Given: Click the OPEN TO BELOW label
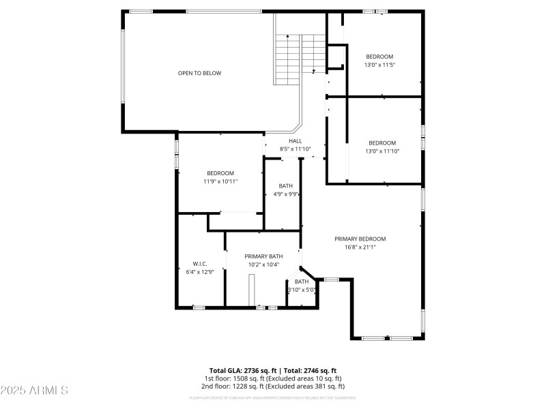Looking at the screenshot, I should coord(199,73).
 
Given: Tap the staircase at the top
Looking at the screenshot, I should coord(300,58).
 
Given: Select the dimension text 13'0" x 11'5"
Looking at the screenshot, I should coord(379,65).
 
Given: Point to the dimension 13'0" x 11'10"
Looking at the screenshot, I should coord(382,151).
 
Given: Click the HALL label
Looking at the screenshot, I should coord(295,141).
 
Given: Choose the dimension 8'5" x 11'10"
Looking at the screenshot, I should coord(295,149).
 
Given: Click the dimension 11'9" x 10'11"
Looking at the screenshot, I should coord(220,182).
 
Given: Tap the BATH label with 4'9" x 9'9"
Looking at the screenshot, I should coord(286,186).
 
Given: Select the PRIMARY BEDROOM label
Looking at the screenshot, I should coord(360,239).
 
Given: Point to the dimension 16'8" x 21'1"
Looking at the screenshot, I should coord(360,247).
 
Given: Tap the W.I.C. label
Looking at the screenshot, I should coord(200,264).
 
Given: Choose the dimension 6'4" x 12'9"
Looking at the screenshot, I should coord(200,272).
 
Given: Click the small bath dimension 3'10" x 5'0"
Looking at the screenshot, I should coord(301,290).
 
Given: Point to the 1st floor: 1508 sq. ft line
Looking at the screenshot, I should coord(273,378).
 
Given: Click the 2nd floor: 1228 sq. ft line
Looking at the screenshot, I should coord(273,387).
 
